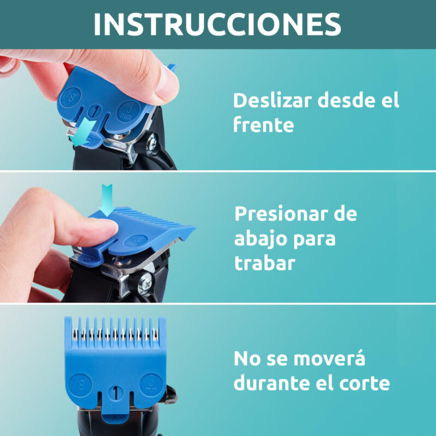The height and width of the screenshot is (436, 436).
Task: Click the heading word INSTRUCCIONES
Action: (217, 24)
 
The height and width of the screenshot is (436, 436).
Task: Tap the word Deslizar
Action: (272, 100)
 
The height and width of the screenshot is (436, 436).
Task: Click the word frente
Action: (263, 125)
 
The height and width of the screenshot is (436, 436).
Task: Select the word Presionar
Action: (281, 214)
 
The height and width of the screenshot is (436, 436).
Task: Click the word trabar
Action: (264, 263)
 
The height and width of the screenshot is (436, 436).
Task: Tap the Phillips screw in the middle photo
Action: (146, 283)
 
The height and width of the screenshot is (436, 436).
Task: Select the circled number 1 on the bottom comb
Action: (115, 393)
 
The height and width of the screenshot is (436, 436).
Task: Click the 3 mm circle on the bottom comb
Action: (151, 384)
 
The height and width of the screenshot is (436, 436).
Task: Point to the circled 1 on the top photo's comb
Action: (95, 112)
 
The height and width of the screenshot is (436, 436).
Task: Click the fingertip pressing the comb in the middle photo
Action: (107, 229)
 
